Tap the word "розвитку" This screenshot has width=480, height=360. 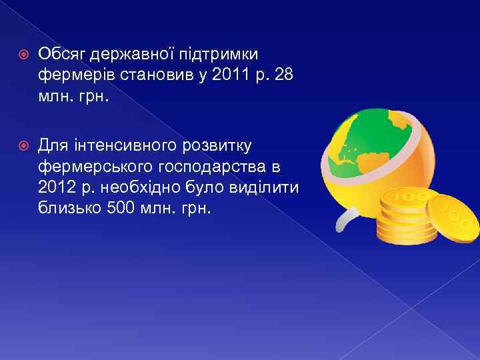[215, 144]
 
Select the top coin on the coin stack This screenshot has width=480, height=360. [405, 199]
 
